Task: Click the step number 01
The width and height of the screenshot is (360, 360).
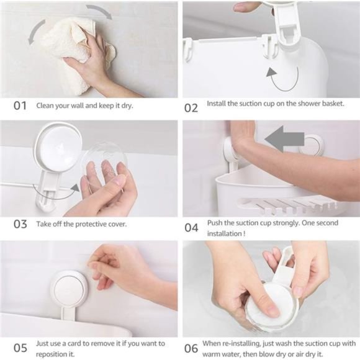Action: click(20, 106)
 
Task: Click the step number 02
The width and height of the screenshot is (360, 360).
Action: click(191, 107)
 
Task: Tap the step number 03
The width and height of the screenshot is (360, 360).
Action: click(20, 224)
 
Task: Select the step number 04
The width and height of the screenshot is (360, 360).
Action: click(191, 227)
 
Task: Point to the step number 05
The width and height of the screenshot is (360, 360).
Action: click(20, 348)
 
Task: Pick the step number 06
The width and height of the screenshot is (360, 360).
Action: click(191, 348)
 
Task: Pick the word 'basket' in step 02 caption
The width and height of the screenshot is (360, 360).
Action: click(329, 102)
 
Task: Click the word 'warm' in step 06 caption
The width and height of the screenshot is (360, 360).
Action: click(215, 353)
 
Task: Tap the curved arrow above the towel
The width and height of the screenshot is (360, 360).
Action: click(99, 12)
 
